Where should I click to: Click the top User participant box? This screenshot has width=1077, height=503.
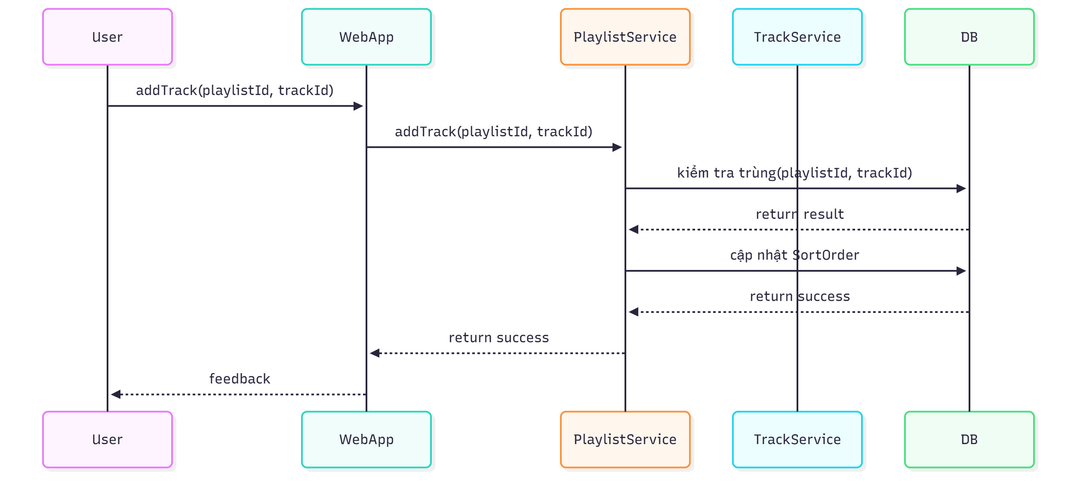(x=108, y=37)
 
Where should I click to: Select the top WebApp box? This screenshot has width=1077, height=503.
(x=366, y=37)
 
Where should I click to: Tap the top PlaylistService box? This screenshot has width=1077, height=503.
(x=625, y=37)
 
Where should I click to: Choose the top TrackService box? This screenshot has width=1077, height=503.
(x=797, y=37)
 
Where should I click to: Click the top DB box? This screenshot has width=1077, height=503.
(x=969, y=37)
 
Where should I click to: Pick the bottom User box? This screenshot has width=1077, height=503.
(x=108, y=439)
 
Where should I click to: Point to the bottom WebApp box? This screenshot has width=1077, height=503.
(x=366, y=439)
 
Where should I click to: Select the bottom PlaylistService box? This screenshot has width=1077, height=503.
(x=625, y=439)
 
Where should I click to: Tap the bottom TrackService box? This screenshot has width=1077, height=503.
(x=797, y=439)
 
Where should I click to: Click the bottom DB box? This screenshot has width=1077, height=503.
(x=969, y=439)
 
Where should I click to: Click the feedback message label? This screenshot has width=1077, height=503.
(x=240, y=379)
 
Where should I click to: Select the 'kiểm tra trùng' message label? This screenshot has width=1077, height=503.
(x=794, y=173)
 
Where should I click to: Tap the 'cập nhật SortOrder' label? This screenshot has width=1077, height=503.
(x=794, y=255)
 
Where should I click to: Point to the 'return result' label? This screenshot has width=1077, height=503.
(x=800, y=214)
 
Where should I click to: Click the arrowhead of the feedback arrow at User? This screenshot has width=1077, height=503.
(x=116, y=394)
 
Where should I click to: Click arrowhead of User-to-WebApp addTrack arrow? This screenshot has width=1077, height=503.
(x=358, y=106)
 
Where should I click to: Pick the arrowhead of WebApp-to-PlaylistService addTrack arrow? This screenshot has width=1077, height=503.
(x=617, y=147)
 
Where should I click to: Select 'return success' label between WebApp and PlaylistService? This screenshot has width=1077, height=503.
(x=498, y=337)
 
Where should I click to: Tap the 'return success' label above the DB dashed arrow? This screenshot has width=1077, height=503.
(x=800, y=296)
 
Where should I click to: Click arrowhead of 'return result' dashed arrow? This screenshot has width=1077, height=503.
(x=634, y=230)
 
